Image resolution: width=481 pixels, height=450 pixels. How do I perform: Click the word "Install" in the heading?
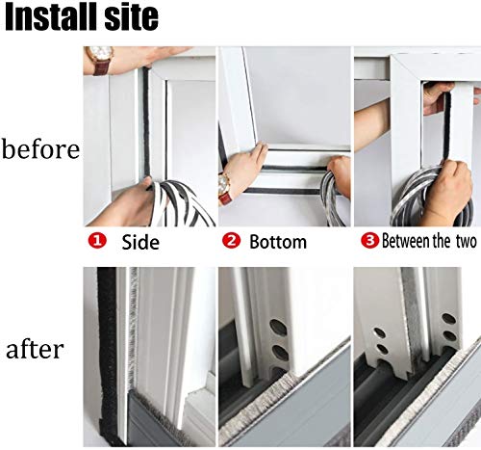[x=45, y=17]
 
